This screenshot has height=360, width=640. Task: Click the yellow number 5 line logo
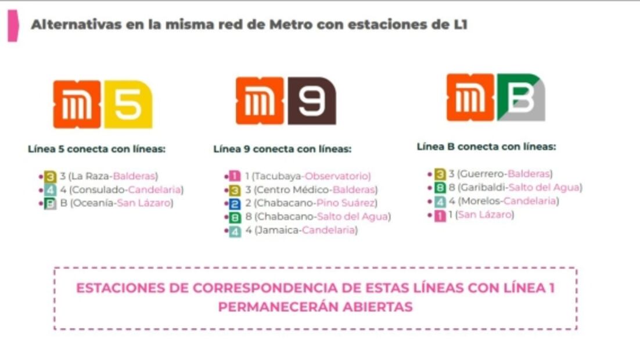tap(128, 105)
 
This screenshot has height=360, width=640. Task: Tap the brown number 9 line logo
tap(312, 101)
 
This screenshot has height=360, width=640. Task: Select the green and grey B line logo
tap(521, 97)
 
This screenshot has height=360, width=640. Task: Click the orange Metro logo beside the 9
tap(260, 101)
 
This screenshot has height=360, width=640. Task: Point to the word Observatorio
tap(337, 176)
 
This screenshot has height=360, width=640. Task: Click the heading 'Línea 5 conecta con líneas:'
tap(96, 149)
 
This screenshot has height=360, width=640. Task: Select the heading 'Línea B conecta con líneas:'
tap(486, 146)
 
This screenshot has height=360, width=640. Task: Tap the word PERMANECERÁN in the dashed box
tap(272, 307)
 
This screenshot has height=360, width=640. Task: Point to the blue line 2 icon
tap(235, 203)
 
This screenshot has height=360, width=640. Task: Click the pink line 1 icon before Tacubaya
tap(235, 176)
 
